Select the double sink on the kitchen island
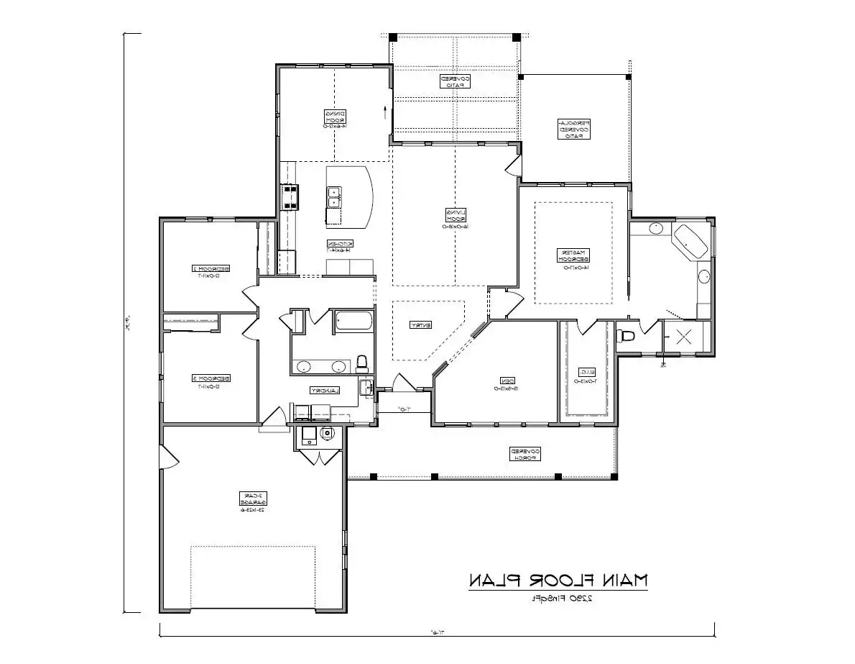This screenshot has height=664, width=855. point(335,193)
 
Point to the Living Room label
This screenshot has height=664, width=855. point(456,219)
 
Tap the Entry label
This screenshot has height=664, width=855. point(420,325)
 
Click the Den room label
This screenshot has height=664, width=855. point(496,384)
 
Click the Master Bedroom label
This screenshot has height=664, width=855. point(573,257)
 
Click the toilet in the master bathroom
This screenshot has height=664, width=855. point(627,335)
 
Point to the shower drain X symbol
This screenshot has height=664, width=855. point(683,336)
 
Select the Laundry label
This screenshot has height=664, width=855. point(325,390)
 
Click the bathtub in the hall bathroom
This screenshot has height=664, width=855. point(353,321)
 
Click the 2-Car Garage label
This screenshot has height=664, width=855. point(251,501)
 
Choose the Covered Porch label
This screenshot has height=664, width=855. point(524,453)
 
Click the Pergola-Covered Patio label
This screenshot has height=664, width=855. point(575,129)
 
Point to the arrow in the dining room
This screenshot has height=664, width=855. point(385,112)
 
